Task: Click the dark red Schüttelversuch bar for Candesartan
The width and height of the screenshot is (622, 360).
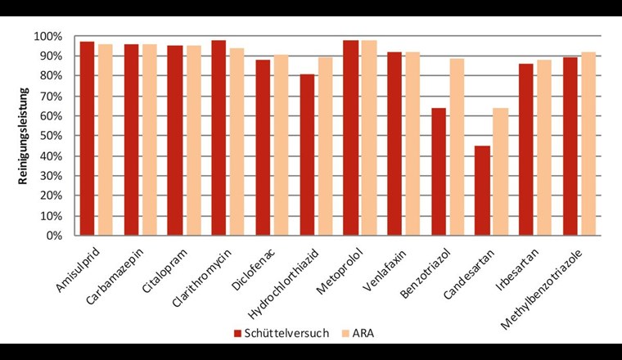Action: [x=482, y=191]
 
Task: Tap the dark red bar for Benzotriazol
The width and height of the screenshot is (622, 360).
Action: [x=438, y=172]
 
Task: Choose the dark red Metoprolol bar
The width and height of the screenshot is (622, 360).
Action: [x=350, y=137]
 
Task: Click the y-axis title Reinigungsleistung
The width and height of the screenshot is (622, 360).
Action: [x=24, y=136]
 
